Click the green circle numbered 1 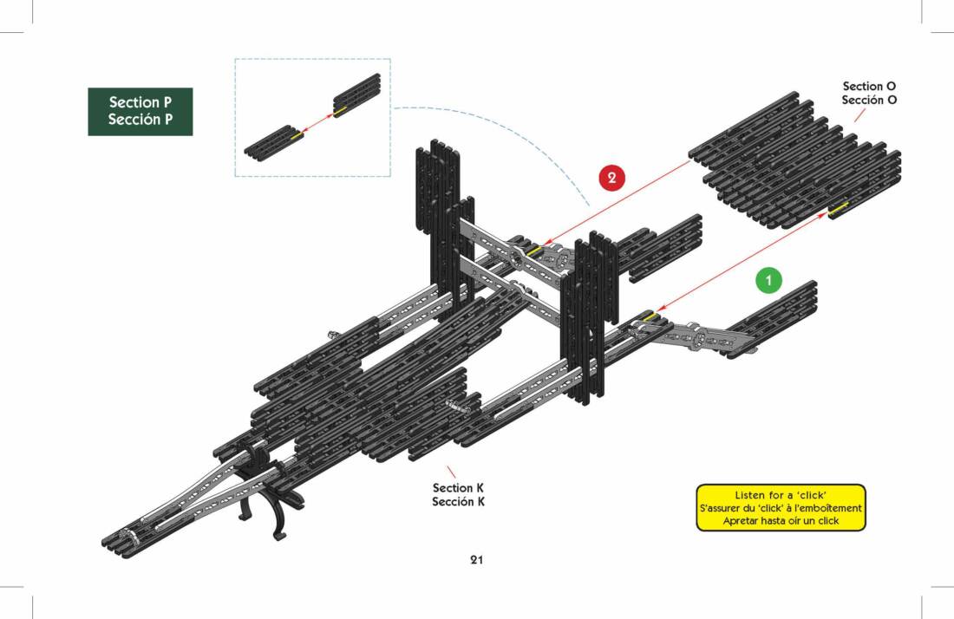point(768,281)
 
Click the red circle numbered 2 point(612,178)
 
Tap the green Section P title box point(140,111)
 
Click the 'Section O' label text point(869,86)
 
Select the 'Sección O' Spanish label point(869,100)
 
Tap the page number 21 point(476,559)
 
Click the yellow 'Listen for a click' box point(781,507)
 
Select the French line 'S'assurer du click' point(781,508)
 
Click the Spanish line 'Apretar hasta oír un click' point(781,521)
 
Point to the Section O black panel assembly point(794,160)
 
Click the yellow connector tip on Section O point(839,208)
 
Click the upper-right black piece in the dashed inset point(357,94)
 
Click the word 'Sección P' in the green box point(140,120)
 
